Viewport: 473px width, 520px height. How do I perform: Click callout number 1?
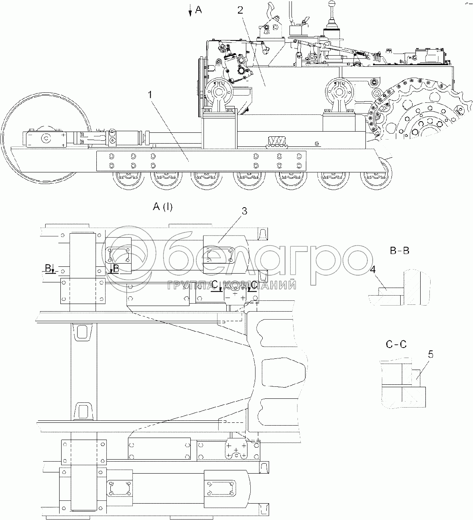pos(150,95)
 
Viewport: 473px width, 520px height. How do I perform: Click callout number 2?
pos(240,10)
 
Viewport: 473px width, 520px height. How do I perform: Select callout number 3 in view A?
pos(244,211)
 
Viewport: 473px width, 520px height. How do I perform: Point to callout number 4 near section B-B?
pos(372,270)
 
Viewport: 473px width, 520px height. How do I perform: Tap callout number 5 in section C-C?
pos(430,354)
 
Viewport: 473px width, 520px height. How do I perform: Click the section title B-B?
pos(400,251)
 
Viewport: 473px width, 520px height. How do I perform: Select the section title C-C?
pos(396,344)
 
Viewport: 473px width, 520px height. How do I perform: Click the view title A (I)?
pos(163,207)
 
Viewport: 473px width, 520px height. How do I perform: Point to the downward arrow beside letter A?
pos(190,11)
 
